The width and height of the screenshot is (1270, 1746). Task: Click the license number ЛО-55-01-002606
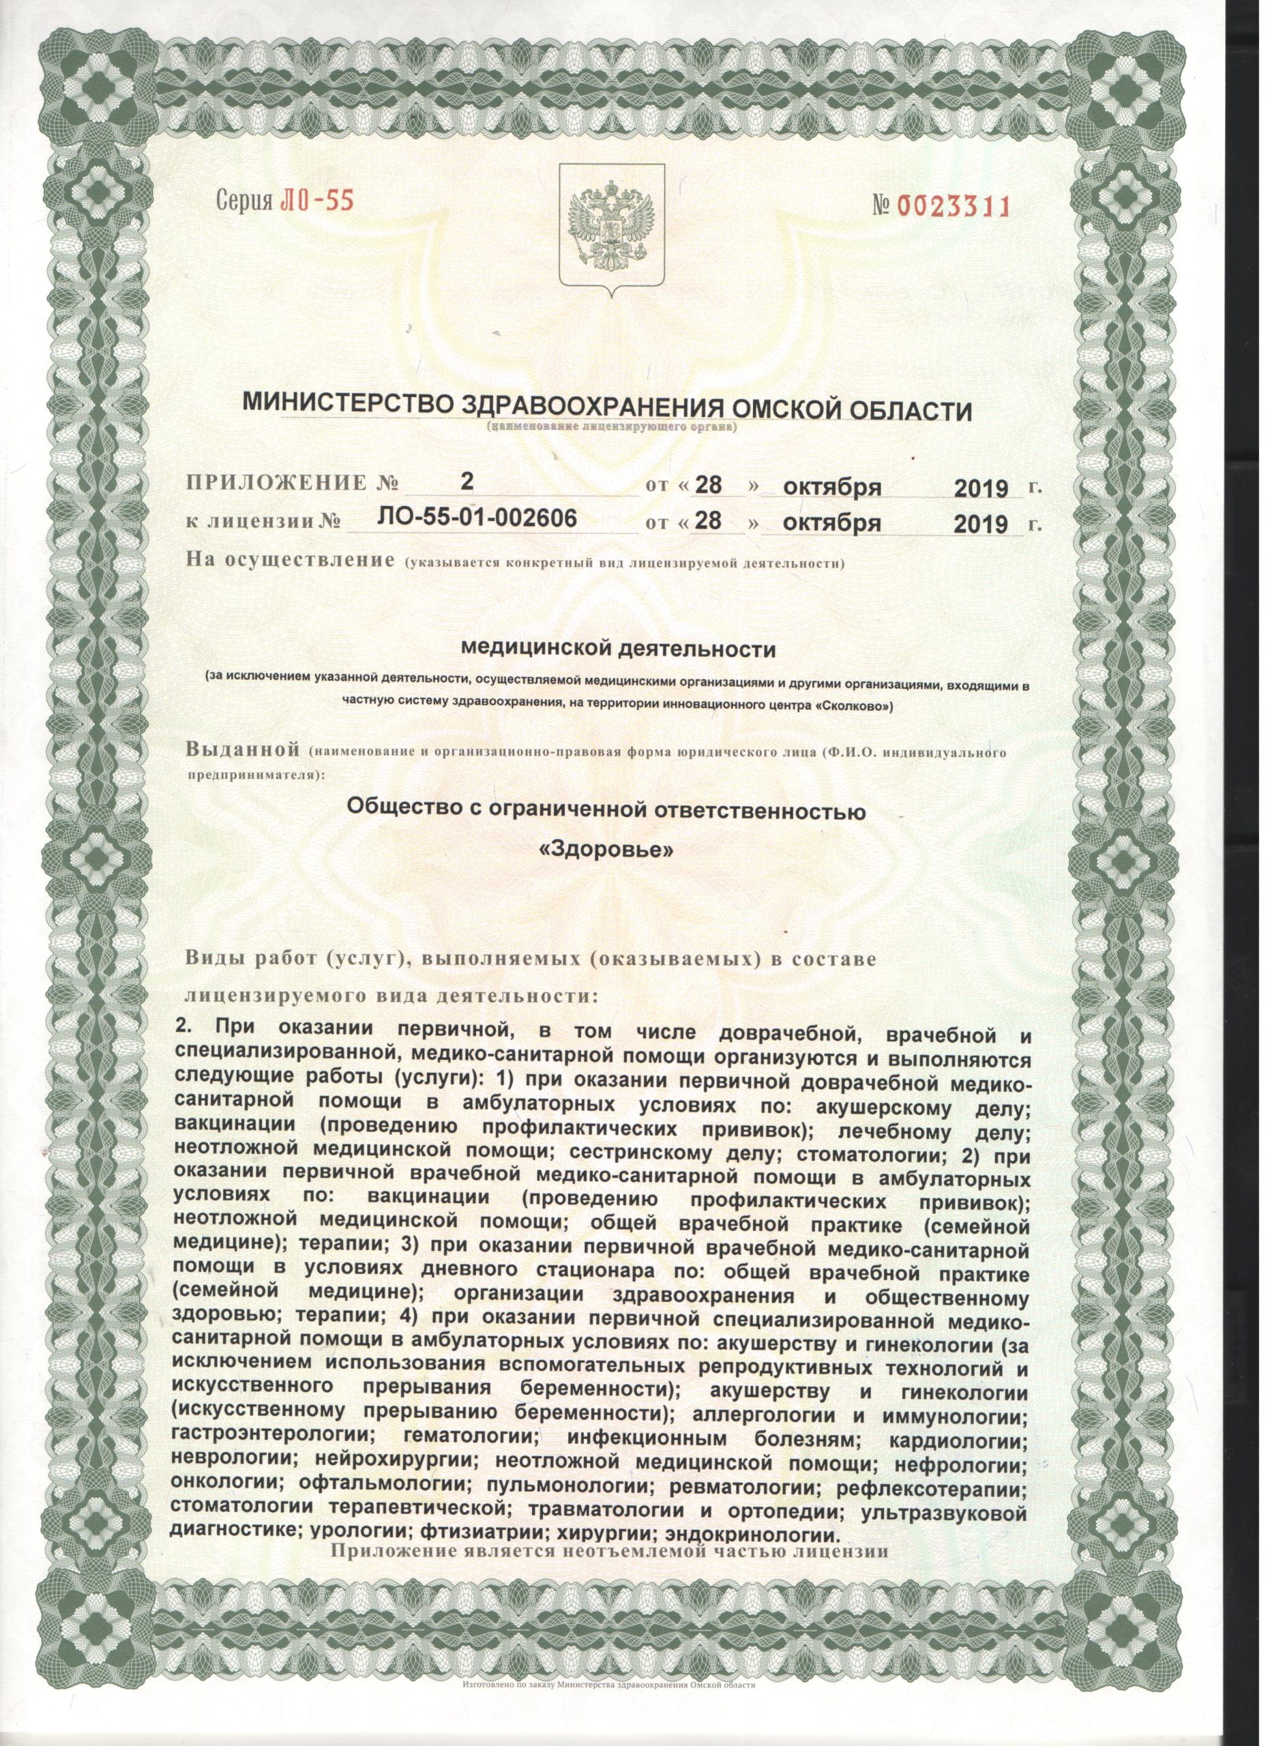point(477,519)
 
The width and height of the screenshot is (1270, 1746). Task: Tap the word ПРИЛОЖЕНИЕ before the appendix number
point(276,484)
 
